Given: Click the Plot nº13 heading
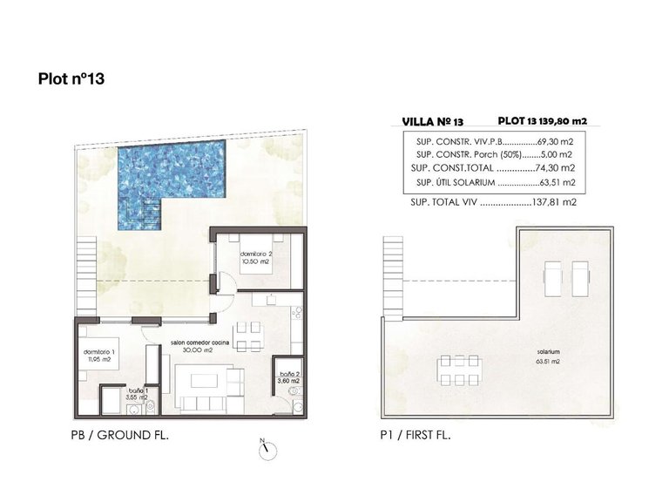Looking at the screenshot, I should [x=71, y=79].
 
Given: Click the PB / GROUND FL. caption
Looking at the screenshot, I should [x=121, y=435].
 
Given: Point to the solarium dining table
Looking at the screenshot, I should [x=458, y=369].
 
